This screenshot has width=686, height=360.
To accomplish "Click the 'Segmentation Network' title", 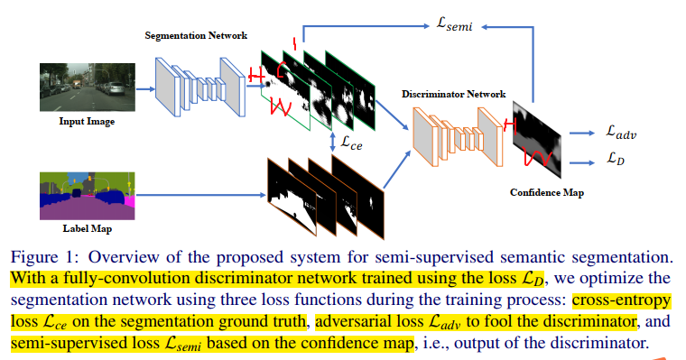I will point(189,36).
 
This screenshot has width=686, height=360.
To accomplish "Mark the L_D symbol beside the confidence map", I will point(617,160).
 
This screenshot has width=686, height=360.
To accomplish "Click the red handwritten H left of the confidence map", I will point(512,124).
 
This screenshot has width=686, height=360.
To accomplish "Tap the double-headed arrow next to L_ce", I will point(334,142).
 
